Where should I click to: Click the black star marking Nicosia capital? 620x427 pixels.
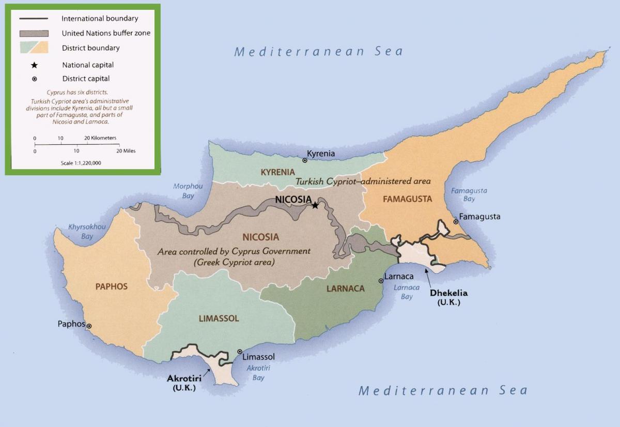[x=315, y=205]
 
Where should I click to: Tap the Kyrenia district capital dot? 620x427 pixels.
[x=305, y=161]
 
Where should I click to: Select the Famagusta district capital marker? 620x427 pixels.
[x=455, y=222]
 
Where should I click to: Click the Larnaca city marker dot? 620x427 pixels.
[x=381, y=281]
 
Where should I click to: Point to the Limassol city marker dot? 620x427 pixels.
[x=239, y=352]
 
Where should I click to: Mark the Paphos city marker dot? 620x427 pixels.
[x=89, y=326]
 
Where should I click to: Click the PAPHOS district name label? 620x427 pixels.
[x=111, y=286]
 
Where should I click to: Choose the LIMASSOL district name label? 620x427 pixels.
[x=219, y=318]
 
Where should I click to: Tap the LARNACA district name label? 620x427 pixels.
[x=345, y=289]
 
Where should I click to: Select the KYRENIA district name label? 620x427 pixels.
[x=277, y=172]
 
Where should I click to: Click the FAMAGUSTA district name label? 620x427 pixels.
[x=407, y=199]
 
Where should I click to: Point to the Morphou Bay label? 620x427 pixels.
[x=188, y=191]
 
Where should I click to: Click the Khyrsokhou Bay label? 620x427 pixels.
[x=87, y=232]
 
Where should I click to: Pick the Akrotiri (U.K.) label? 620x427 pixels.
[x=184, y=383]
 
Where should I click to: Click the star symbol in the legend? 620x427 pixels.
[x=34, y=65]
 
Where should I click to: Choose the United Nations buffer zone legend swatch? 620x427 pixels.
[x=34, y=33]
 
